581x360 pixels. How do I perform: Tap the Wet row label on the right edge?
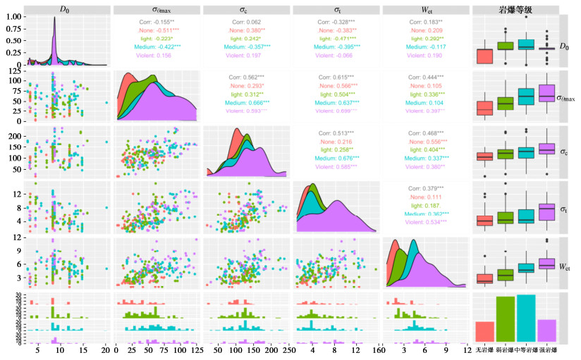tap(565, 266)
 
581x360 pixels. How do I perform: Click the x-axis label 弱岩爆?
tap(505, 350)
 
